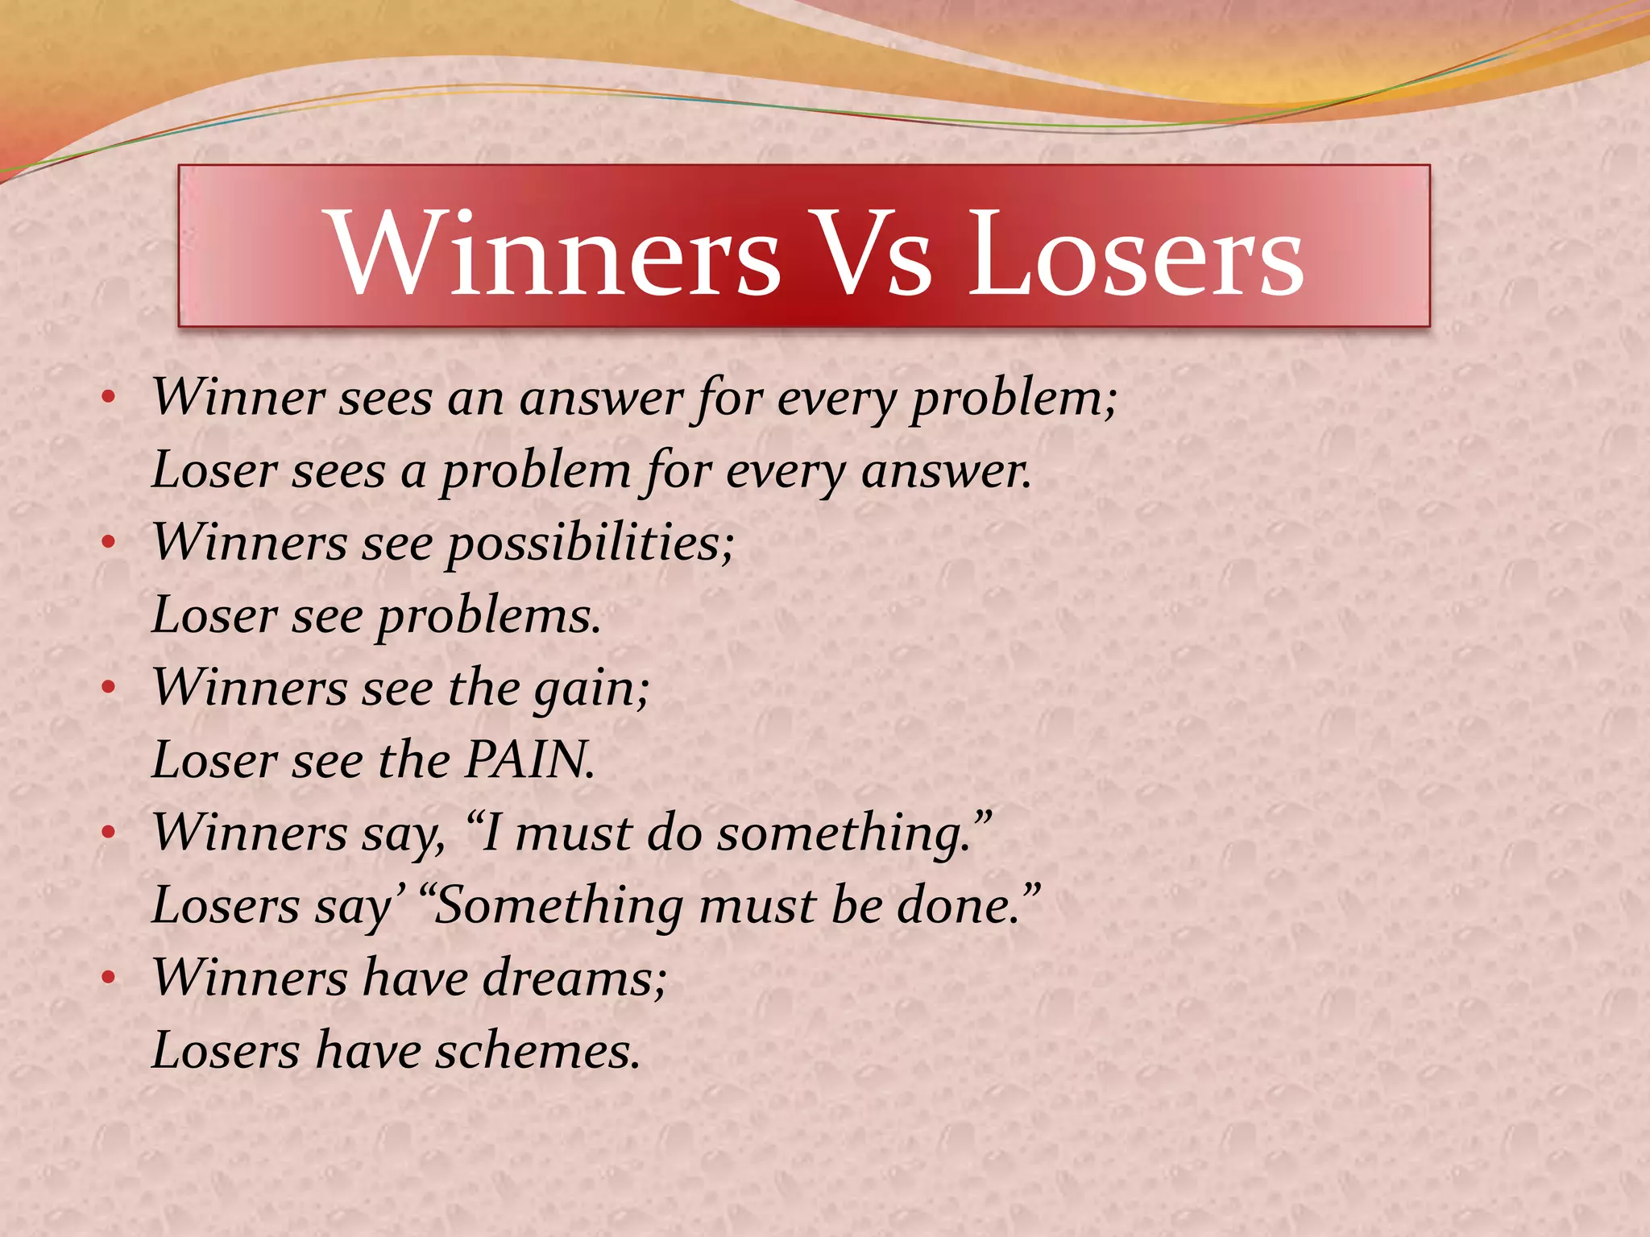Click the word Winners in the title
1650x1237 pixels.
point(555,254)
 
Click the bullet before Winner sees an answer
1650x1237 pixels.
point(109,397)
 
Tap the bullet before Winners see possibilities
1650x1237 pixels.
point(109,542)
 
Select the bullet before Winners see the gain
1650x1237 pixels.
point(109,687)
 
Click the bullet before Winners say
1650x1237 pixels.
point(109,832)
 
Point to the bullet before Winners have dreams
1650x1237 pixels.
point(109,978)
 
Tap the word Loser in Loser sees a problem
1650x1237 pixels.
point(213,470)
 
